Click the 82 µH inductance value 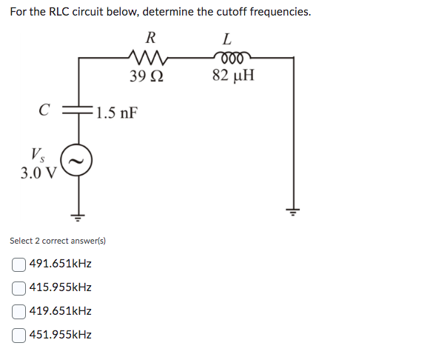click(232, 75)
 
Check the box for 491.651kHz click(19, 264)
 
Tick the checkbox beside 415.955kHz click(19, 287)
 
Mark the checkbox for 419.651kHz click(19, 311)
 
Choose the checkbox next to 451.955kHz click(19, 335)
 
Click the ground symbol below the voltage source click(76, 216)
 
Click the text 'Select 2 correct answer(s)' click(58, 241)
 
